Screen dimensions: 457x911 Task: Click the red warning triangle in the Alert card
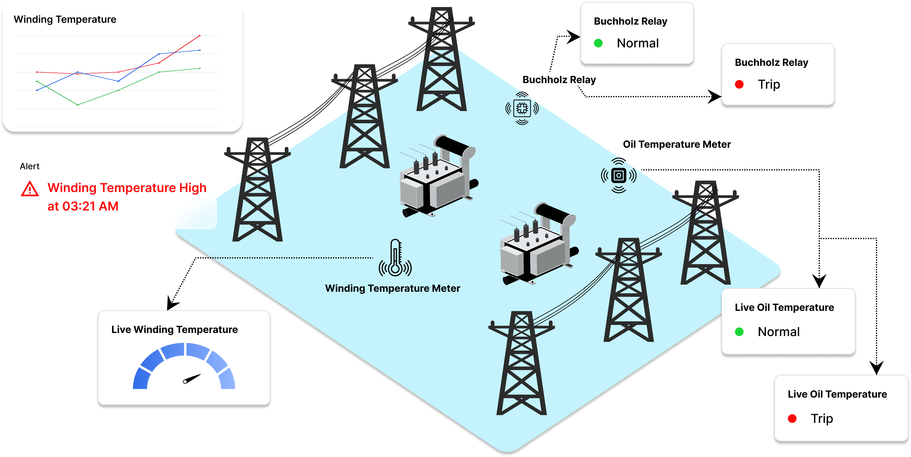pyautogui.click(x=30, y=189)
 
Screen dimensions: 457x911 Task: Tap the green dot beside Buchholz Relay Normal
pyautogui.click(x=598, y=43)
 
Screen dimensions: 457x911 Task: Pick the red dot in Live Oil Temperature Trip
pyautogui.click(x=792, y=419)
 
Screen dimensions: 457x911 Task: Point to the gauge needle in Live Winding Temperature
pyautogui.click(x=192, y=379)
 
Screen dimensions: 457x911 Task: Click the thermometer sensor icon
pyautogui.click(x=395, y=258)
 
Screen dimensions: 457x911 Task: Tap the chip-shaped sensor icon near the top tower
pyautogui.click(x=522, y=108)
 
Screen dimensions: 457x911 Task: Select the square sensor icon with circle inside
pyautogui.click(x=619, y=175)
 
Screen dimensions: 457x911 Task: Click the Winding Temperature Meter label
pyautogui.click(x=392, y=288)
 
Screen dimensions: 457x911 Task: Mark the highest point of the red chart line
pyautogui.click(x=200, y=36)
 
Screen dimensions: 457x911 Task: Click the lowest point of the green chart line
pyautogui.click(x=78, y=105)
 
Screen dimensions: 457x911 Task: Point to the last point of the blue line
pyautogui.click(x=200, y=50)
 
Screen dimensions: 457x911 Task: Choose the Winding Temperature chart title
pyautogui.click(x=65, y=19)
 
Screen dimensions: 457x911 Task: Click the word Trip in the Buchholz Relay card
pyautogui.click(x=769, y=84)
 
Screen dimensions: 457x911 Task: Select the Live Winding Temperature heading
pyautogui.click(x=174, y=329)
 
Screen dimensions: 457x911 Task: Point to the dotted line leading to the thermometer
pyautogui.click(x=294, y=258)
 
